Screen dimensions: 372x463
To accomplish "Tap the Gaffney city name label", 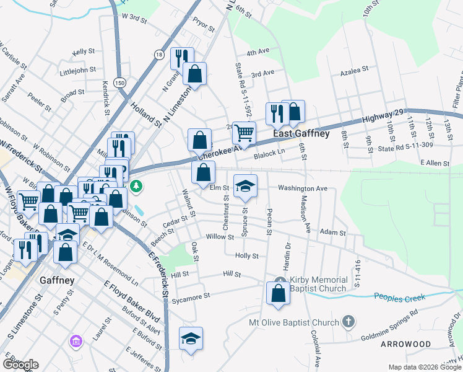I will [x=57, y=280].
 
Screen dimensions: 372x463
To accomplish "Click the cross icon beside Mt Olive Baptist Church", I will [x=348, y=322].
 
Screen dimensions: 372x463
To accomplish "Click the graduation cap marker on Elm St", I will [x=245, y=186].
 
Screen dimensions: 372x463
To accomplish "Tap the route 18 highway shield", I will [x=159, y=55].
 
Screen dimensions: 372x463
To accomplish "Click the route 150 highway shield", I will [x=119, y=82].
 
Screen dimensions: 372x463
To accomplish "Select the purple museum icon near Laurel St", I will [x=76, y=341].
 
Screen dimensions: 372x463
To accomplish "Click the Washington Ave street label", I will [x=302, y=188].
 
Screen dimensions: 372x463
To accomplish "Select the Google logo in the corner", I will [x=20, y=365].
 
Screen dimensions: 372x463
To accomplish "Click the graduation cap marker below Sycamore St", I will [x=191, y=339].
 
